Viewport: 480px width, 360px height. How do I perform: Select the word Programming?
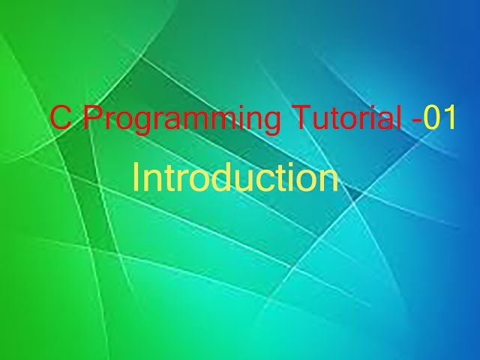181,120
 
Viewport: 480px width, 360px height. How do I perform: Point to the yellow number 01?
439,118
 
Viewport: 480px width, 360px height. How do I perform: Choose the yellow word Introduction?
235,178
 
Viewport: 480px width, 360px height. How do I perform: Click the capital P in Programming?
90,118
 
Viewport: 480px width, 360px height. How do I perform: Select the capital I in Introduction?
136,178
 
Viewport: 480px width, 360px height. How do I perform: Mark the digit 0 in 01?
431,118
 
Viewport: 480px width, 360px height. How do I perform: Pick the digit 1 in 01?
448,118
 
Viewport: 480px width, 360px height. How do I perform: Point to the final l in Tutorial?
398,118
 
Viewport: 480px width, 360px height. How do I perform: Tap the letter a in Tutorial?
385,121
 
